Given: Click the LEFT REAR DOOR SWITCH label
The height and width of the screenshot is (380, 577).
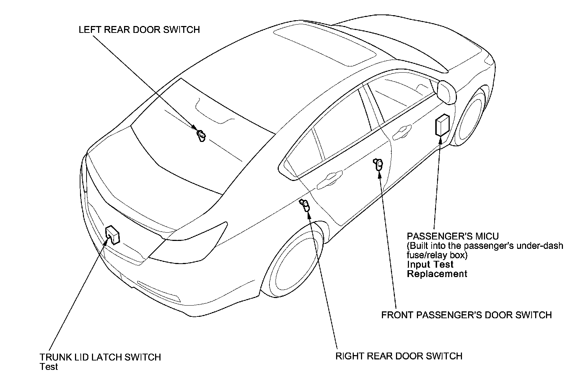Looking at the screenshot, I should tap(139, 30).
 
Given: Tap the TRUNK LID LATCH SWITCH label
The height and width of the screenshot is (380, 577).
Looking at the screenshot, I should tap(100, 357).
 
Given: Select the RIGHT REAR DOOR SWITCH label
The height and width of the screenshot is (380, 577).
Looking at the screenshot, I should tap(399, 356).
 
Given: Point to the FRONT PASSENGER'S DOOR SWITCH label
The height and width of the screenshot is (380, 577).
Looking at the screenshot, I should tap(466, 315).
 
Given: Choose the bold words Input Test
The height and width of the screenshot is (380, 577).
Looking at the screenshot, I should tap(430, 264).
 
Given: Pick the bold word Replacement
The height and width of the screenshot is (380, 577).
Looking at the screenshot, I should tap(437, 274).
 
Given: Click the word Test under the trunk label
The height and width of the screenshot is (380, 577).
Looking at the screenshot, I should tap(49, 367).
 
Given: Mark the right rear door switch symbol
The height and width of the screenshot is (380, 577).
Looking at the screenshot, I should tap(305, 206).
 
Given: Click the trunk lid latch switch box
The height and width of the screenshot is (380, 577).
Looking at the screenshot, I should tap(113, 235).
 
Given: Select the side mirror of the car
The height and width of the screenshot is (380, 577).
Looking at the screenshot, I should tap(446, 92).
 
